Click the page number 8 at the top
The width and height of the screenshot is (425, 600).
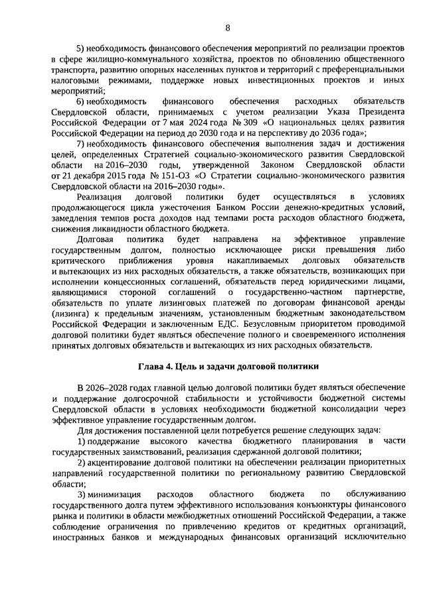[227, 27]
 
